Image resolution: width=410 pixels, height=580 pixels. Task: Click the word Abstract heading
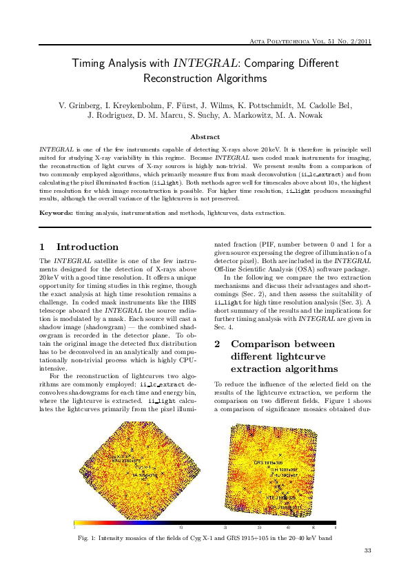205,137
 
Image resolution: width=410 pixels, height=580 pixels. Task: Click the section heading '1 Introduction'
79,247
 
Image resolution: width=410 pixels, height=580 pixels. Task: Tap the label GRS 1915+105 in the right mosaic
269,462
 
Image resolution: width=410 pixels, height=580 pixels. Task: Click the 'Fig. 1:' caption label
90,537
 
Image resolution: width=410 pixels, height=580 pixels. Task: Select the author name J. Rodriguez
112,115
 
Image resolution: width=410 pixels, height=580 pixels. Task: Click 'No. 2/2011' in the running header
353,41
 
